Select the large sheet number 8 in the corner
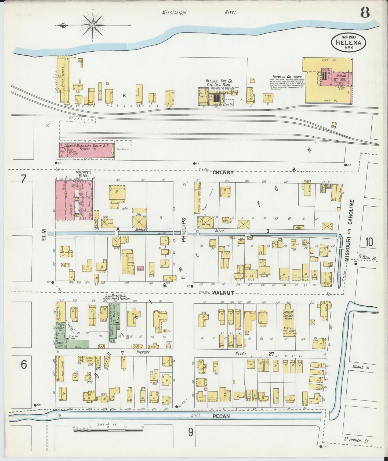coord(365,13)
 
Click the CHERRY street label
coord(223,172)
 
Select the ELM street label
coord(44,235)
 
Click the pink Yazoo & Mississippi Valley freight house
coord(86,150)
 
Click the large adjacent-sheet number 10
coord(369,242)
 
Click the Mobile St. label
coord(362,367)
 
